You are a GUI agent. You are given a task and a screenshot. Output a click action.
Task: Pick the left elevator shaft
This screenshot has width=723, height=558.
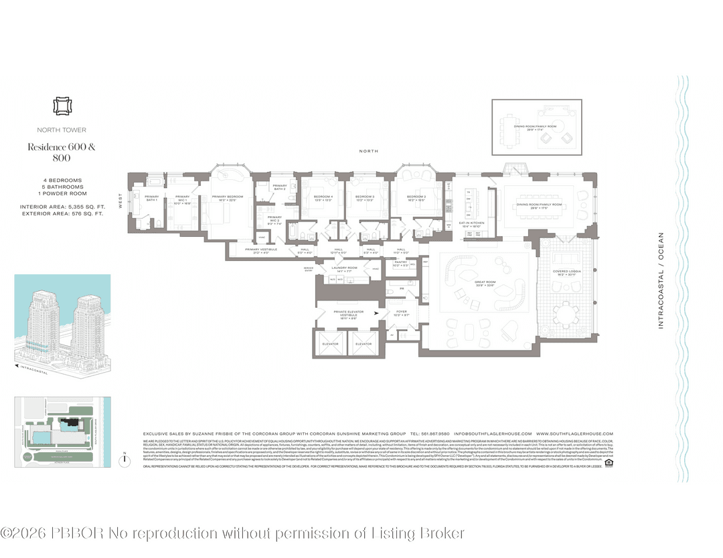[x=330, y=344]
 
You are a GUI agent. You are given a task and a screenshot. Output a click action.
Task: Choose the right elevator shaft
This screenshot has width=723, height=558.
[x=364, y=344]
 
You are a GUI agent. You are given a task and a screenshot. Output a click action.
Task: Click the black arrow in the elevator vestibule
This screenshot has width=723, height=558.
[x=377, y=312]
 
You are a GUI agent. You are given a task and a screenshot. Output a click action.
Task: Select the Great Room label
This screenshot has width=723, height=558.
[x=484, y=284]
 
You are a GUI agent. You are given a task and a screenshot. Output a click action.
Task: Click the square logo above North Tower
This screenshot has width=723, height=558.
[x=61, y=106]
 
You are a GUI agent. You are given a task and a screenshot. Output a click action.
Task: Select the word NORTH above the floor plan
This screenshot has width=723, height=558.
[x=369, y=151]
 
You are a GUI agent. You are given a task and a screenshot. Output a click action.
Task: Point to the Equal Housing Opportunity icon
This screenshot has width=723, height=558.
[x=608, y=462]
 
